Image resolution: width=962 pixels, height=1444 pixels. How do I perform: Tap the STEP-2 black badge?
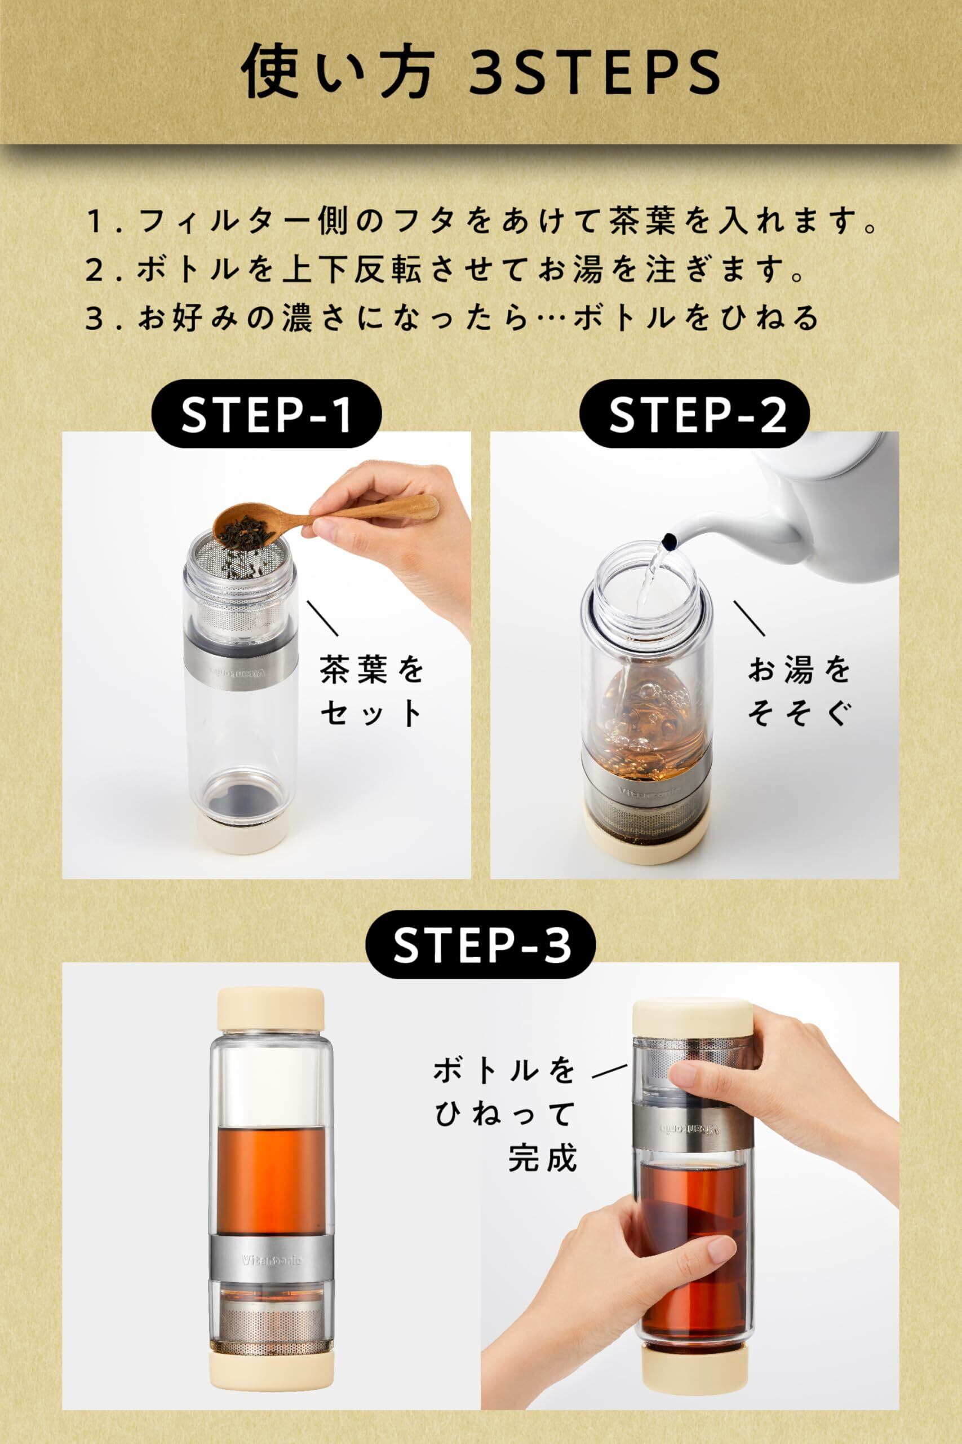pos(695,416)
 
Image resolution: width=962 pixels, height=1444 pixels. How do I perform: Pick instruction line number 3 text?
pos(453,319)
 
